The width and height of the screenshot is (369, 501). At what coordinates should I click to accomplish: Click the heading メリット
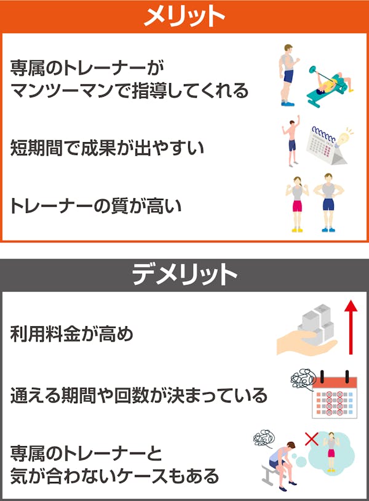(x=184, y=17)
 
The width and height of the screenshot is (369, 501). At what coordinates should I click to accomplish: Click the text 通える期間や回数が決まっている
(x=139, y=395)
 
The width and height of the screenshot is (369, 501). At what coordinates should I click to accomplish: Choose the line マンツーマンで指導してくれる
(x=130, y=91)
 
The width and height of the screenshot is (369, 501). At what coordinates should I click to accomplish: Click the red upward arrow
(x=351, y=326)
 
